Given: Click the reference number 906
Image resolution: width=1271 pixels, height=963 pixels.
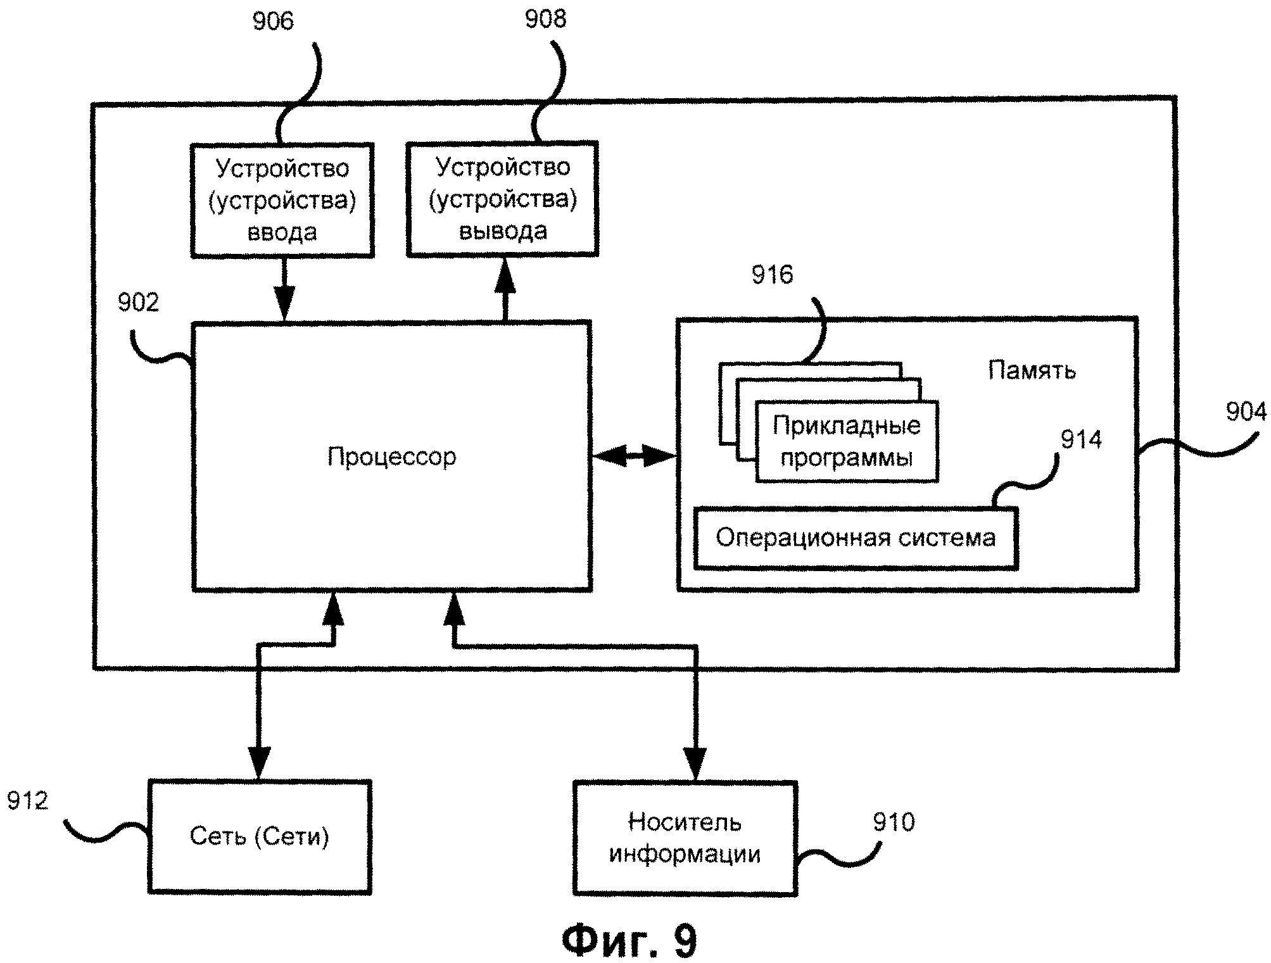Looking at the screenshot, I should tap(273, 22).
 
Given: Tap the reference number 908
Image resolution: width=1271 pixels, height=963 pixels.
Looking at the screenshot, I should tap(545, 19).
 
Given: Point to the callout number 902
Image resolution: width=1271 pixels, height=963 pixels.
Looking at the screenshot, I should tap(138, 303).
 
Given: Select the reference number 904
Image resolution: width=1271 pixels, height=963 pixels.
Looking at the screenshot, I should tap(1246, 412).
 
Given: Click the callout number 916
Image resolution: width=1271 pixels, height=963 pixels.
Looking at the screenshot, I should tap(772, 275).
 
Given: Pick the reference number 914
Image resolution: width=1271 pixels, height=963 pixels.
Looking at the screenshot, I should tap(1081, 439).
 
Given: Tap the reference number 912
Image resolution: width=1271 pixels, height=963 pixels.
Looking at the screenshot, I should tap(27, 801).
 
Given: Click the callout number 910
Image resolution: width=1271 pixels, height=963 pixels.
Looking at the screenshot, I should tap(894, 822).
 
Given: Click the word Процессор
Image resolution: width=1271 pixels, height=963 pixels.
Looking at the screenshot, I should tap(391, 456).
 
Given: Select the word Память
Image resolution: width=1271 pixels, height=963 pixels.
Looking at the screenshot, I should tap(1032, 370).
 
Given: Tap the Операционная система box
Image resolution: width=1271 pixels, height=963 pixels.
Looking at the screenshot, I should tap(856, 538).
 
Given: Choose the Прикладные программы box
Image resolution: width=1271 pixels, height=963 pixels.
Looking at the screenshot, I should tap(847, 441).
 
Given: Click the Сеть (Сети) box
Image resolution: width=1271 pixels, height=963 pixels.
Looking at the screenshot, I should tap(260, 836).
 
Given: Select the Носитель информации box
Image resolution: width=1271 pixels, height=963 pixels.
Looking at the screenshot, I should tap(685, 838).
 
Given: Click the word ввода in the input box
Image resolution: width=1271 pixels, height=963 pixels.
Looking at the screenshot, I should tap(282, 232).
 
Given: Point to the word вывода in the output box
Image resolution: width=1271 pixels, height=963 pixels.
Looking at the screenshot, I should tap(503, 231).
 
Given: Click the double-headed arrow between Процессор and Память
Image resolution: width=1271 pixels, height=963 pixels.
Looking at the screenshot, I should tap(634, 455).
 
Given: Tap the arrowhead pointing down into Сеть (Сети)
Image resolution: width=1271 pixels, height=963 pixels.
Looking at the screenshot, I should tap(259, 763).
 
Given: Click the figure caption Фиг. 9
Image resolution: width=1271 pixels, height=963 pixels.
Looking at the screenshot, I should tap(629, 940).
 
